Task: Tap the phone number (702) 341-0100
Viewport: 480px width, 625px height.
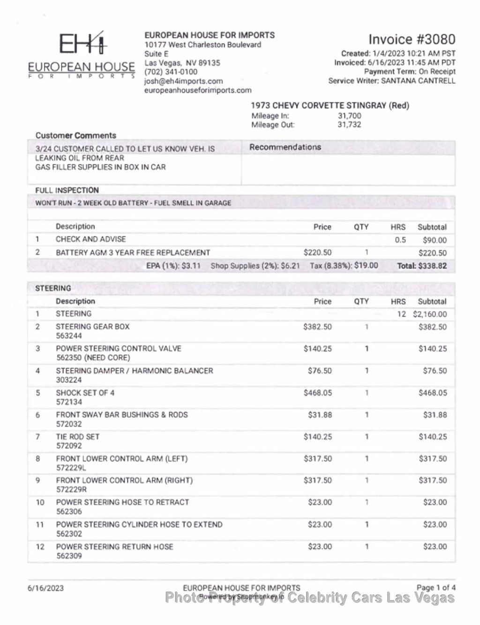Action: click(x=171, y=72)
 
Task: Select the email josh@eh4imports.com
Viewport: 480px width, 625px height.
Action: click(x=183, y=81)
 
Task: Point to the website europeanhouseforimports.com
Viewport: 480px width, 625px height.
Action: click(x=197, y=90)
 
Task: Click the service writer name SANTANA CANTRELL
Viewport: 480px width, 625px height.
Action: click(x=418, y=81)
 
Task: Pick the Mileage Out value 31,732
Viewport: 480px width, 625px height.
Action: click(x=349, y=125)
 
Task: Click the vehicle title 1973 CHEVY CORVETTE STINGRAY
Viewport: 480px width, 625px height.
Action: click(x=318, y=105)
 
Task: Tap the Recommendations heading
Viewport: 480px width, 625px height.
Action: click(x=285, y=147)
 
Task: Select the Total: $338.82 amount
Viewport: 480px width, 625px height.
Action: click(x=422, y=266)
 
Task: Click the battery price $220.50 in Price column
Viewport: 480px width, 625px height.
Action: click(x=317, y=252)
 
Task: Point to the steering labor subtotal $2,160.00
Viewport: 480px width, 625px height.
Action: click(x=430, y=314)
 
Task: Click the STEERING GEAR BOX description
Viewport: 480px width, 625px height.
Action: click(x=92, y=327)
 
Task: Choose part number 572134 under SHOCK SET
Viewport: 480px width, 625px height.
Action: click(x=69, y=402)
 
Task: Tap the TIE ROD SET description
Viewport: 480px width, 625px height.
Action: click(x=78, y=437)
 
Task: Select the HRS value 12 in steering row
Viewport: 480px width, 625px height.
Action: click(x=401, y=314)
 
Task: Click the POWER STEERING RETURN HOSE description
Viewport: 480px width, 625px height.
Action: click(x=114, y=547)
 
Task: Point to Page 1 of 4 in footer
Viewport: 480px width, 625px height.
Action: click(x=436, y=588)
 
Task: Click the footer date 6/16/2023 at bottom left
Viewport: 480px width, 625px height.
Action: click(x=45, y=588)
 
